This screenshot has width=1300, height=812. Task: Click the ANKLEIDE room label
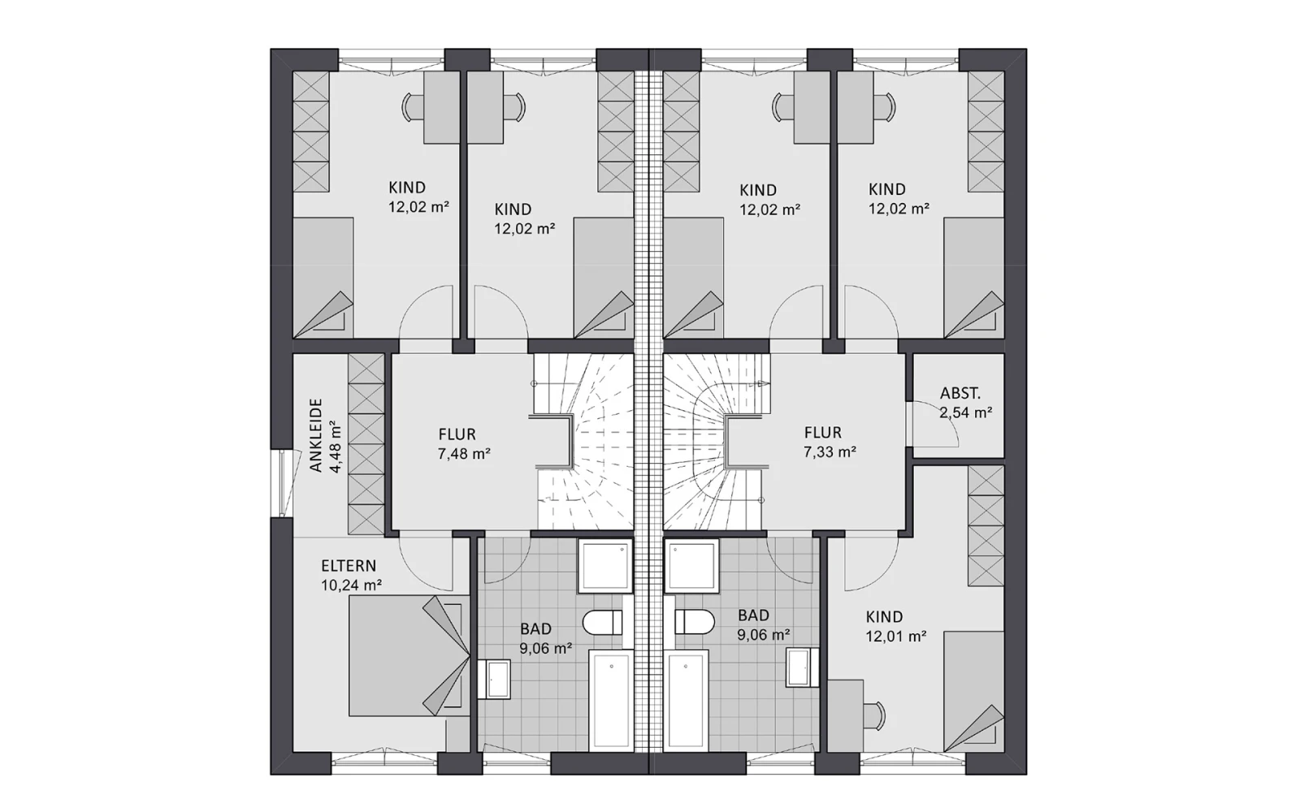pyautogui.click(x=316, y=435)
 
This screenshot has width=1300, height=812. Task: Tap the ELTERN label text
pyautogui.click(x=349, y=565)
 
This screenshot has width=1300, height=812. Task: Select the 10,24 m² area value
pyautogui.click(x=351, y=585)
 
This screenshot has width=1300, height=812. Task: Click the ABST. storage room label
pyautogui.click(x=960, y=393)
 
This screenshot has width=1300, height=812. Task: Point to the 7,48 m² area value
pyautogui.click(x=464, y=454)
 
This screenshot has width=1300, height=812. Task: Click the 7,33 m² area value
pyautogui.click(x=830, y=451)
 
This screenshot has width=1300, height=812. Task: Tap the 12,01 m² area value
pyautogui.click(x=895, y=637)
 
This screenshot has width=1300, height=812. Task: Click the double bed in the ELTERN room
pyautogui.click(x=409, y=655)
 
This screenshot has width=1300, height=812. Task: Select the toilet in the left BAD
pyautogui.click(x=602, y=622)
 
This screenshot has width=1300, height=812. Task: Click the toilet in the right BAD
pyautogui.click(x=695, y=622)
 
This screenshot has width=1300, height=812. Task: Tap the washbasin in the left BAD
pyautogui.click(x=495, y=679)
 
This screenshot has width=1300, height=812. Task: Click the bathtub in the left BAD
pyautogui.click(x=610, y=701)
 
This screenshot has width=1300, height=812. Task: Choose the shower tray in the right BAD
pyautogui.click(x=691, y=565)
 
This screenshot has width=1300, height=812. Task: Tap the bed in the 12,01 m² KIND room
pyautogui.click(x=974, y=691)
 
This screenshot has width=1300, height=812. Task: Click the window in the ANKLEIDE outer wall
pyautogui.click(x=285, y=482)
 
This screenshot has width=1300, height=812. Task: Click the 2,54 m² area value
pyautogui.click(x=966, y=413)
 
